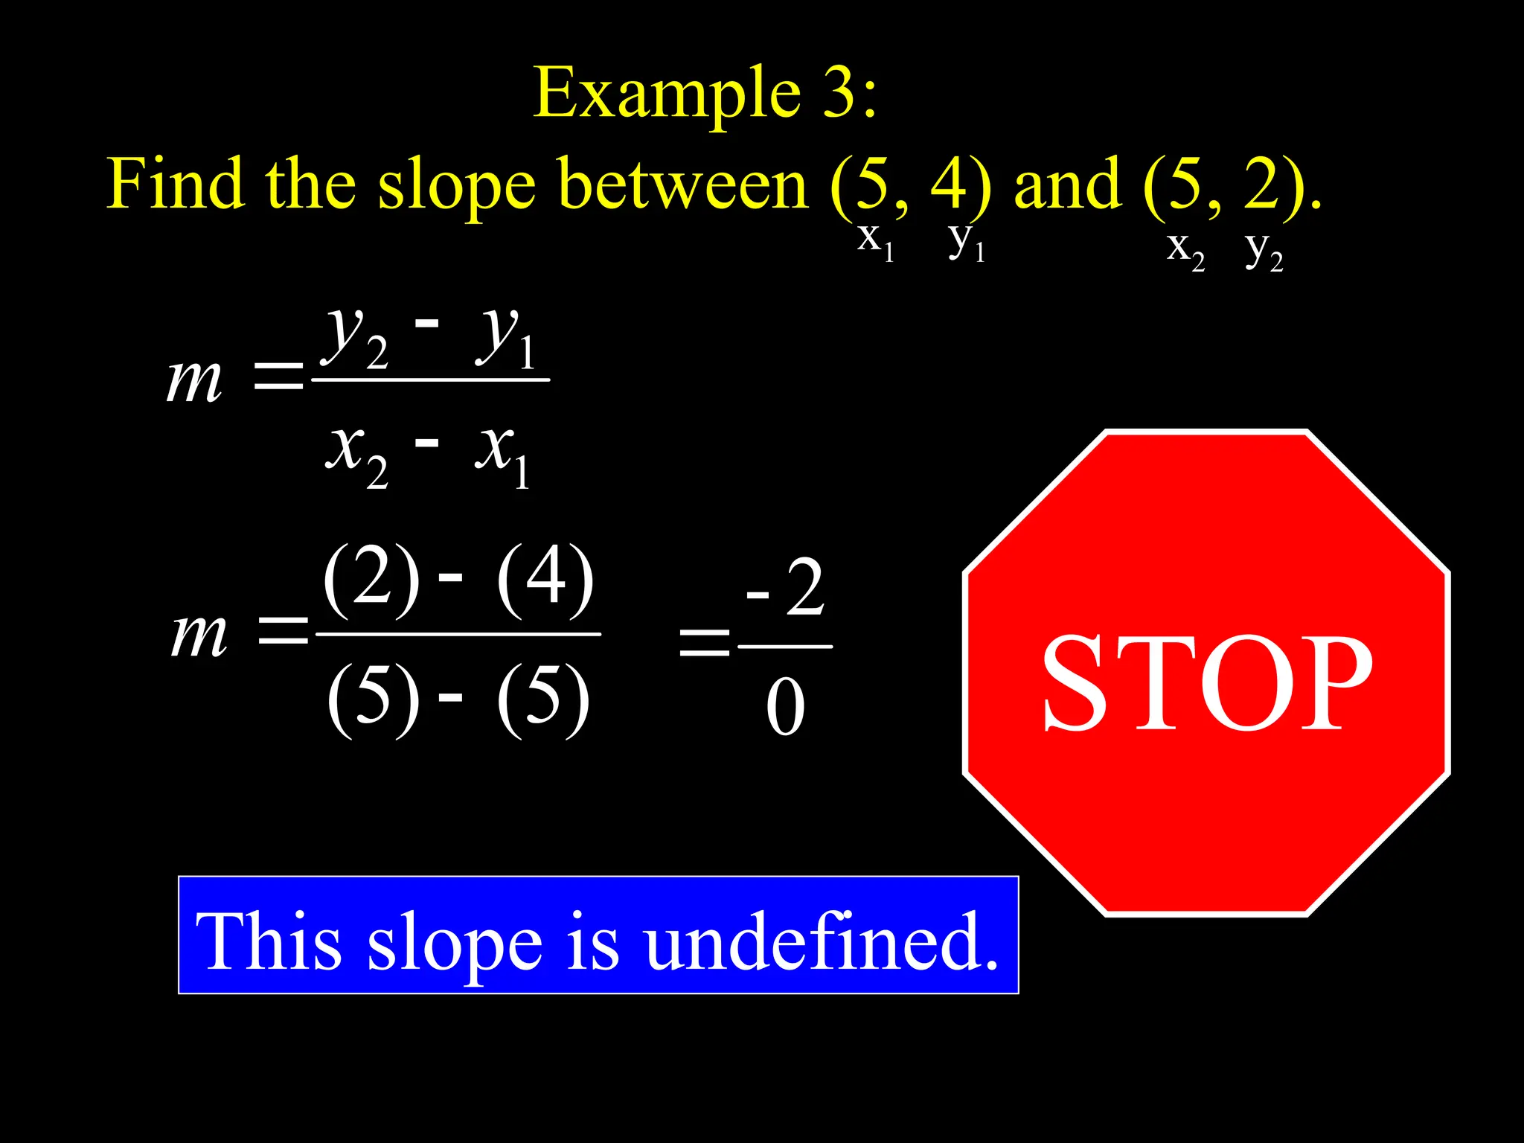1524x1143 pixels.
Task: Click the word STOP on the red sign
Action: coord(1206,683)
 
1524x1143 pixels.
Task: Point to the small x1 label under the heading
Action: coord(875,242)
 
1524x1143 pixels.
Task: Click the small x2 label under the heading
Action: coord(1185,249)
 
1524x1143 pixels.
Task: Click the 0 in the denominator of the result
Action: coord(785,707)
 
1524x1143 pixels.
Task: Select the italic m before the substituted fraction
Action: coord(199,635)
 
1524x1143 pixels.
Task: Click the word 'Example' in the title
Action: coord(667,92)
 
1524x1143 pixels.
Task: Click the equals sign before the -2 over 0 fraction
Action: coord(704,641)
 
